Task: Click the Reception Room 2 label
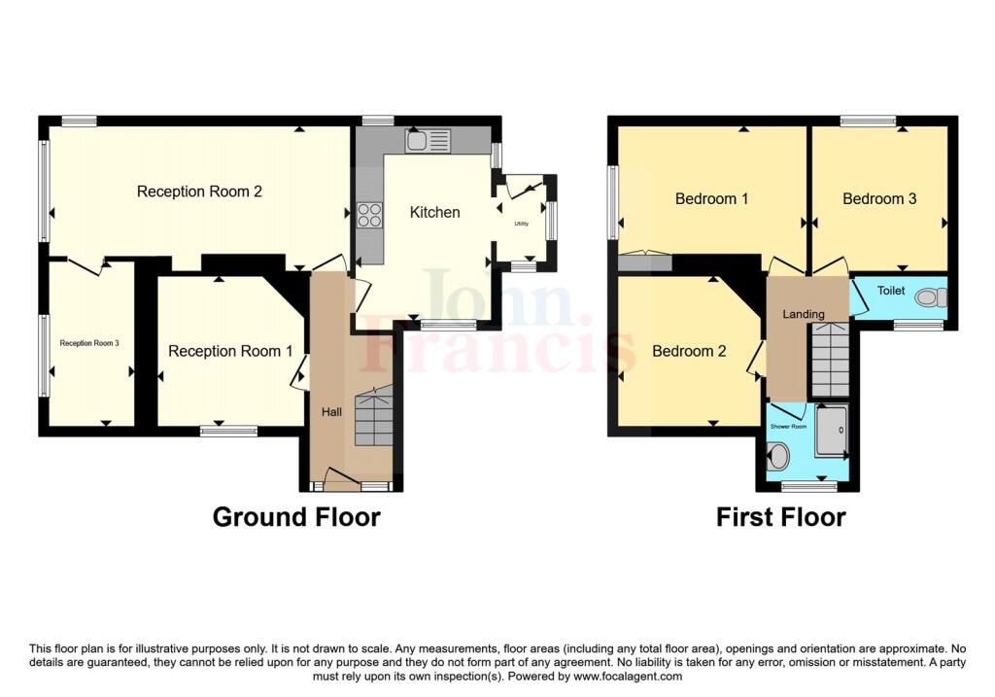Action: coord(199,192)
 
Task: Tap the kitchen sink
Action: coord(429,140)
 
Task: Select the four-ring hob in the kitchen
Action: coord(370,215)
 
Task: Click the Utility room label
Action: coord(521,224)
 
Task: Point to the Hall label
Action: coord(331,412)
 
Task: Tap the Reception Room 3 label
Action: coord(89,343)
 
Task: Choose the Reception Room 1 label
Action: coord(230,351)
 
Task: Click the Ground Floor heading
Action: coord(296,517)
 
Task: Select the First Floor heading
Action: coord(780,517)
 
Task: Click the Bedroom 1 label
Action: coord(711,198)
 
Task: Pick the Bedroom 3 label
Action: coord(878,198)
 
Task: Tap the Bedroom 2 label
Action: coord(689,351)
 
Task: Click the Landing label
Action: coord(804,314)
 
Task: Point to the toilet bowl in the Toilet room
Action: coord(934,297)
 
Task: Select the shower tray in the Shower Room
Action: coord(832,431)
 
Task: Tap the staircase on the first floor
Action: coord(831,360)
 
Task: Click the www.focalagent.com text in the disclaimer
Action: coord(627,677)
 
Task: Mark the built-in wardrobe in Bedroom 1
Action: coord(645,261)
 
